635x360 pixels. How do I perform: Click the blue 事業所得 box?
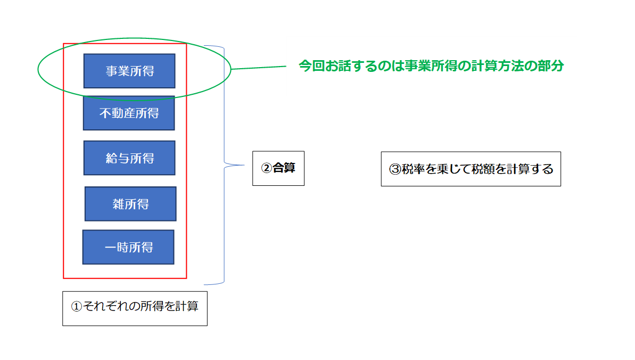click(x=129, y=70)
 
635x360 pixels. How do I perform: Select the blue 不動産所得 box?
click(x=129, y=113)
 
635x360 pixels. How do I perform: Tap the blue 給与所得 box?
click(x=129, y=158)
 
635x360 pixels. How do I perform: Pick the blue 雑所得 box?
click(x=130, y=204)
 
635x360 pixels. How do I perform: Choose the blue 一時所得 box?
click(x=128, y=247)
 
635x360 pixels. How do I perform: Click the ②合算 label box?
click(x=278, y=168)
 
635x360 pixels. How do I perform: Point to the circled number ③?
click(x=395, y=169)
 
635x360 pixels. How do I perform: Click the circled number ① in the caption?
click(x=77, y=307)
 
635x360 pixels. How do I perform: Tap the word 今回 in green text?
click(x=310, y=67)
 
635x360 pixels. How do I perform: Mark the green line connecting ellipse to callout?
click(x=259, y=68)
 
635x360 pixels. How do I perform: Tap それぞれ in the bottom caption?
click(x=105, y=306)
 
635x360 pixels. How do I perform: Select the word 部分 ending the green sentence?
click(x=551, y=67)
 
